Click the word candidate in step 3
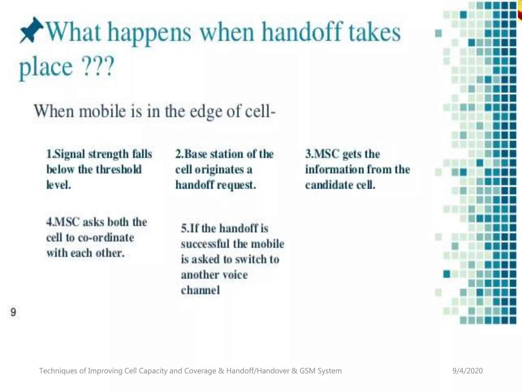coord(329,185)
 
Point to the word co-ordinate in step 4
coord(106,238)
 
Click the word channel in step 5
coord(200,290)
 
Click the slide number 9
coord(13,312)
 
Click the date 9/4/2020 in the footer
coord(467,371)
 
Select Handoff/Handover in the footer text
coord(258,371)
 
